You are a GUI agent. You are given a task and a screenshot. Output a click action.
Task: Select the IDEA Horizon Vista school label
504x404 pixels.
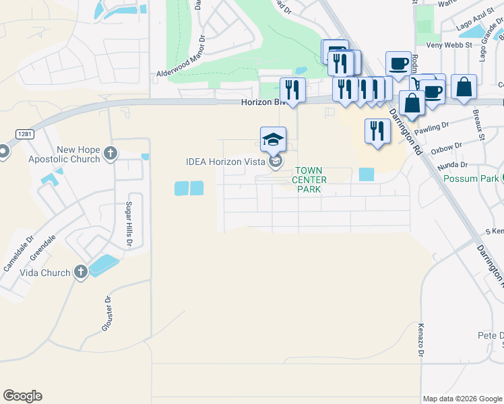[x=226, y=162]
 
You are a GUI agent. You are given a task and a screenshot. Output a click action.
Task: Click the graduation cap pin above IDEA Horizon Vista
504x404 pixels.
[x=273, y=139]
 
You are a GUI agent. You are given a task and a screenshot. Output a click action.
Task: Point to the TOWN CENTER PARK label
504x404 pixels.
[x=309, y=180]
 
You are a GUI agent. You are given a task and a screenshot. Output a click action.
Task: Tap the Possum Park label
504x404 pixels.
[x=470, y=178]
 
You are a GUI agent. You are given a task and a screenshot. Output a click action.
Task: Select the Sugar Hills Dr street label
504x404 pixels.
[x=127, y=223]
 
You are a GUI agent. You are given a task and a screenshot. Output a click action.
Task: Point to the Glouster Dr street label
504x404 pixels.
[x=106, y=314]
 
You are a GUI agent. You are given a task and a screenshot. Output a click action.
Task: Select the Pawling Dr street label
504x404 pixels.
[x=431, y=127]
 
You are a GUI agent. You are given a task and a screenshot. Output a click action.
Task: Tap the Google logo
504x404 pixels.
[x=22, y=396]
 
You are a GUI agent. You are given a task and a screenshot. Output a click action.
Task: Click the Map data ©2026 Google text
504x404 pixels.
[x=462, y=399]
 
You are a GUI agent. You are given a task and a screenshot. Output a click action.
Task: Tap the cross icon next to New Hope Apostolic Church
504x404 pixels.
[x=111, y=155]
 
